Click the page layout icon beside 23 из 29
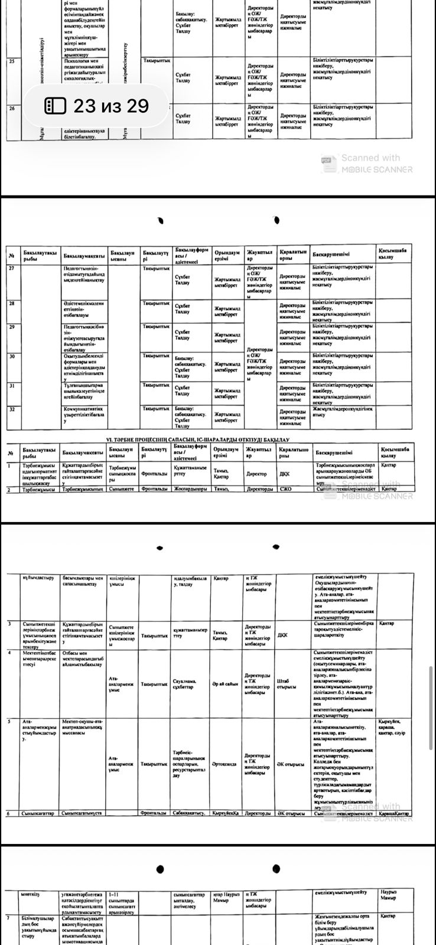tap(56, 106)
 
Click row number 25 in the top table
tap(12, 60)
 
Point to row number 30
tap(12, 356)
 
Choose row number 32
tap(12, 409)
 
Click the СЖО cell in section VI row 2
tap(286, 489)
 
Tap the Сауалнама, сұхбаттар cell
tap(188, 683)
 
